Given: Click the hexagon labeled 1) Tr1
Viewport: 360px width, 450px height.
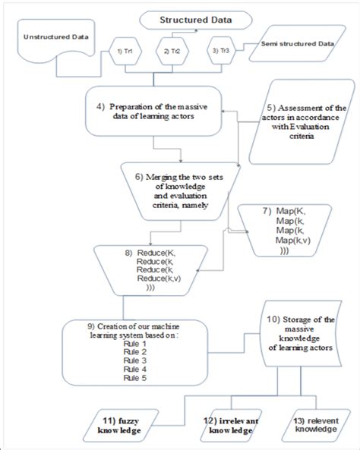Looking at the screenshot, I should (125, 51).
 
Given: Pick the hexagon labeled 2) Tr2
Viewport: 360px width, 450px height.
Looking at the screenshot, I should (171, 51).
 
